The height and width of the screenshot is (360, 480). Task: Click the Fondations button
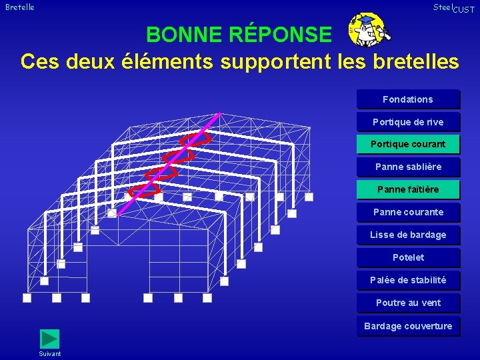pyautogui.click(x=408, y=99)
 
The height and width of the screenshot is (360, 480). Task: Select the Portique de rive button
pyautogui.click(x=408, y=122)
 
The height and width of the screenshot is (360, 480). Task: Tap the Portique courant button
pyautogui.click(x=408, y=144)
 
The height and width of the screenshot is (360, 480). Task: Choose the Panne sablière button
pyautogui.click(x=408, y=167)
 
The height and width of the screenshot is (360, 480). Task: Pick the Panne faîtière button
pyautogui.click(x=408, y=189)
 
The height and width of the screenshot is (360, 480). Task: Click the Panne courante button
pyautogui.click(x=408, y=212)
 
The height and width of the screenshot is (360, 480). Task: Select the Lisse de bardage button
pyautogui.click(x=408, y=235)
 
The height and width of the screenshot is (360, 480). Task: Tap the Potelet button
pyautogui.click(x=408, y=257)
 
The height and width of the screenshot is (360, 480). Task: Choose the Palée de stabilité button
pyautogui.click(x=408, y=280)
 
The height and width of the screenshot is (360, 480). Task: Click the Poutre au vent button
pyautogui.click(x=408, y=303)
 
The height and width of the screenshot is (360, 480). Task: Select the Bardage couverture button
pyautogui.click(x=408, y=326)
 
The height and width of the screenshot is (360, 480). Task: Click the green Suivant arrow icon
pyautogui.click(x=49, y=339)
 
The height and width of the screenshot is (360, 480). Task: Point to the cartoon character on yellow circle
pyautogui.click(x=367, y=31)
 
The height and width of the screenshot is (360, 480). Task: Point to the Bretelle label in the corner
pyautogui.click(x=20, y=7)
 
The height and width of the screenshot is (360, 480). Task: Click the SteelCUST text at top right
pyautogui.click(x=453, y=8)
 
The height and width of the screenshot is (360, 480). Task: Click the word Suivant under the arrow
pyautogui.click(x=50, y=353)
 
